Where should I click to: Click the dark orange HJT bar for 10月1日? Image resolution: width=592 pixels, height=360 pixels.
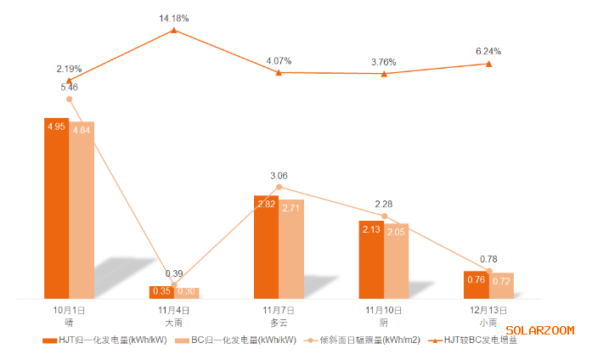pyautogui.click(x=56, y=208)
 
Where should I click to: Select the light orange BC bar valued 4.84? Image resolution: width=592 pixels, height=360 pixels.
pyautogui.click(x=82, y=210)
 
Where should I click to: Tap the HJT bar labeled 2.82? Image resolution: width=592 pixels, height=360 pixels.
pyautogui.click(x=266, y=246)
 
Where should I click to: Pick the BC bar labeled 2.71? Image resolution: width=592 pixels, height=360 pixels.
pyautogui.click(x=291, y=249)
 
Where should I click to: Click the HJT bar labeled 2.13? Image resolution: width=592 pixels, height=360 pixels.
pyautogui.click(x=370, y=259)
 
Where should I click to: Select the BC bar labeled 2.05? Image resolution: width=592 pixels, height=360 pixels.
pyautogui.click(x=396, y=261)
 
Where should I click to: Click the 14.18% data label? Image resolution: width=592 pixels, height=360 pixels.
pyautogui.click(x=174, y=17)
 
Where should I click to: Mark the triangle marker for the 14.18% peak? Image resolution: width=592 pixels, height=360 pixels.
pyautogui.click(x=174, y=30)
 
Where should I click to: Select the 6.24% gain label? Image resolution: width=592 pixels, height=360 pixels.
pyautogui.click(x=488, y=51)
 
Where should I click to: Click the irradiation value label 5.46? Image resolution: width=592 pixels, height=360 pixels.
pyautogui.click(x=69, y=87)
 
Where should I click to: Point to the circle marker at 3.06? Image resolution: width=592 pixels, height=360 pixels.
pyautogui.click(x=279, y=187)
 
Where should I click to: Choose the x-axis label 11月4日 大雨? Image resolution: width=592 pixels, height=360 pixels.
pyautogui.click(x=174, y=317)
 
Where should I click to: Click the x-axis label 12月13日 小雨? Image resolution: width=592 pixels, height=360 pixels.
pyautogui.click(x=488, y=317)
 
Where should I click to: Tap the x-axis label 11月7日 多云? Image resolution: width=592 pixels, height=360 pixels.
pyautogui.click(x=279, y=317)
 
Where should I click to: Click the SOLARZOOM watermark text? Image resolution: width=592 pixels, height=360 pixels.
pyautogui.click(x=539, y=330)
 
